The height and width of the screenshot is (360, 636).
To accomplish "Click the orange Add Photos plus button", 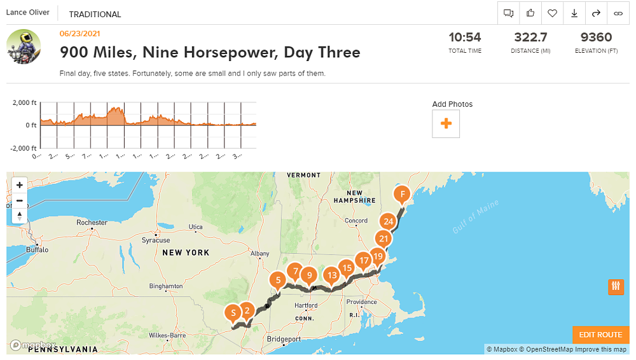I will [446, 123].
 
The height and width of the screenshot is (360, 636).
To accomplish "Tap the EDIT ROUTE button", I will [600, 335].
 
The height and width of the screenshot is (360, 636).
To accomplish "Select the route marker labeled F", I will [401, 194].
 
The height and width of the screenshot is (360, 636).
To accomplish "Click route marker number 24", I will [387, 222].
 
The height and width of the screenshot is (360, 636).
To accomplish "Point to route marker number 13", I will [331, 275].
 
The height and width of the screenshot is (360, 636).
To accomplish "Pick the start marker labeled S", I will [233, 312].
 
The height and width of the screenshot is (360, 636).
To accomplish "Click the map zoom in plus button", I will [20, 185].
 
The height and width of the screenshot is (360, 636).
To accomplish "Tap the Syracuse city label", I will [156, 240].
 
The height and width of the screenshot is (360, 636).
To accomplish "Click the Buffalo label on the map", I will [38, 251].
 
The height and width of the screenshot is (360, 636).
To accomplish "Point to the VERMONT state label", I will [303, 176].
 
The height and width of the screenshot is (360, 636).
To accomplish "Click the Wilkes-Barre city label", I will [167, 335].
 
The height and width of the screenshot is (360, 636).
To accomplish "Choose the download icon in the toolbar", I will [574, 13].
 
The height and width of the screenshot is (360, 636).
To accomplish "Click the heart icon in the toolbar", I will [553, 13].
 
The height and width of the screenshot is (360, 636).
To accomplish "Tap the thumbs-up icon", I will [530, 13].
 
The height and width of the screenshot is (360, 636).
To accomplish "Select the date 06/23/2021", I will [79, 34].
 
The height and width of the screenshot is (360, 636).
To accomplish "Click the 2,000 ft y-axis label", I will [25, 102].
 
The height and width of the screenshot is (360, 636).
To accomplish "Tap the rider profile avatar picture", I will [24, 46].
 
